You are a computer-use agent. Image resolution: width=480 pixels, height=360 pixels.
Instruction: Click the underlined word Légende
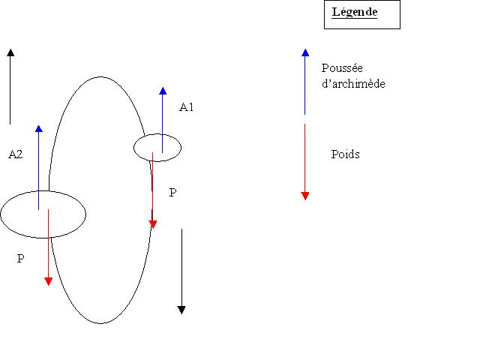click(355, 13)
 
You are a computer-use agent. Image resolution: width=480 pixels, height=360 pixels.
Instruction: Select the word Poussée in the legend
click(342, 68)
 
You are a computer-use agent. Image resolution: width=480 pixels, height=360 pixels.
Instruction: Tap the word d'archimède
click(353, 84)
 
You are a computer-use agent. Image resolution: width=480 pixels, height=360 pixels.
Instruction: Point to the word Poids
click(345, 154)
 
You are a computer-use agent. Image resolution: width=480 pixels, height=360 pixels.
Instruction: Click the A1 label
click(187, 107)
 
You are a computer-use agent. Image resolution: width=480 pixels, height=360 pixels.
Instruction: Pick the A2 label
click(15, 154)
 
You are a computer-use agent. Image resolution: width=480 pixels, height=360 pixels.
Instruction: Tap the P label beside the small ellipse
click(172, 193)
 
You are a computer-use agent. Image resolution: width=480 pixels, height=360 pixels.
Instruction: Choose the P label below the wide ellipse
click(20, 259)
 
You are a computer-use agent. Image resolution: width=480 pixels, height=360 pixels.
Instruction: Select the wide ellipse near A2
click(43, 214)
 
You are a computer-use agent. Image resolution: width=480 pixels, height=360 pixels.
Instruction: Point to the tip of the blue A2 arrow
click(38, 128)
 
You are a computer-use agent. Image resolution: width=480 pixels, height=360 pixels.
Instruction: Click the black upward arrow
click(10, 82)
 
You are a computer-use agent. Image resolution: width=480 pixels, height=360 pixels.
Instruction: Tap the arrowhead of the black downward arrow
click(181, 309)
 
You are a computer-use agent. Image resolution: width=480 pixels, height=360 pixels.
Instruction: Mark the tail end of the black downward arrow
click(181, 230)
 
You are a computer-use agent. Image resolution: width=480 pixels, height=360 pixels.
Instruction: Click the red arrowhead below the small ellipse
click(153, 223)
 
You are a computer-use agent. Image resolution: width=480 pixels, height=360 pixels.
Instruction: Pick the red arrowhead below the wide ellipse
click(48, 281)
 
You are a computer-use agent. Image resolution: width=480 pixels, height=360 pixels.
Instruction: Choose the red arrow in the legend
click(304, 161)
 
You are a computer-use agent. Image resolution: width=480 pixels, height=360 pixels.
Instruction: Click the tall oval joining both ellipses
click(101, 76)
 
